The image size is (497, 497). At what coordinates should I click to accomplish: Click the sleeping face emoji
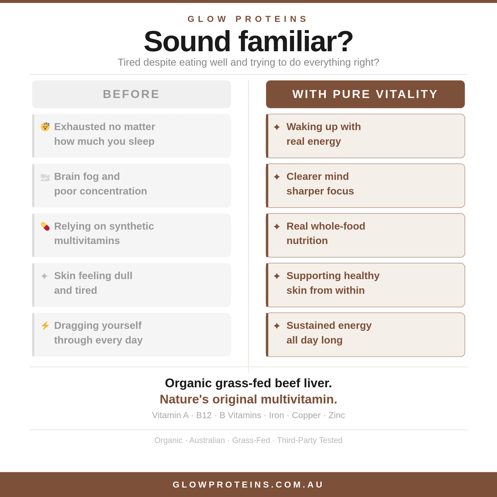(45, 126)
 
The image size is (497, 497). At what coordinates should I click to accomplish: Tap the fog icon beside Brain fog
(45, 177)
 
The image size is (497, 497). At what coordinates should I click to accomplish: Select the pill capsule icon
(45, 226)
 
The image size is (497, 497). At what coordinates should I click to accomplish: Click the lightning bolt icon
(45, 325)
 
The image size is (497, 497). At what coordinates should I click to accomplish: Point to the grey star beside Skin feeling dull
(44, 276)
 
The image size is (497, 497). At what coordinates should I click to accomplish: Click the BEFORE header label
(131, 94)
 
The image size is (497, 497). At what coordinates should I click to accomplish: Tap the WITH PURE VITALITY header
(365, 94)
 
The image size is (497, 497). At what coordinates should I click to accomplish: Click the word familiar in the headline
(295, 41)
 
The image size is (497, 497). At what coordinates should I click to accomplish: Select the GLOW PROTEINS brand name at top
(248, 19)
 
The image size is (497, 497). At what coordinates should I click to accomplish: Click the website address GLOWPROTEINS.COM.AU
(248, 485)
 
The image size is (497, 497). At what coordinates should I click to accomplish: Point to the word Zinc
(337, 415)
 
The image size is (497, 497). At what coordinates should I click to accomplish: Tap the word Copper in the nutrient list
(306, 415)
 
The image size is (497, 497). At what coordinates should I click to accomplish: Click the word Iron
(277, 415)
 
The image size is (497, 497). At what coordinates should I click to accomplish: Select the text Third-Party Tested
(310, 440)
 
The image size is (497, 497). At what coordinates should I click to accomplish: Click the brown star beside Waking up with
(277, 127)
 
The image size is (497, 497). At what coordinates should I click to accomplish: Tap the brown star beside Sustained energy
(277, 326)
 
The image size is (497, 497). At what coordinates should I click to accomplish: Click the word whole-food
(338, 226)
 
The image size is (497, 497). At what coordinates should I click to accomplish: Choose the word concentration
(114, 191)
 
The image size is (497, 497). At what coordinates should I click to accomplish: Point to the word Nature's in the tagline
(184, 399)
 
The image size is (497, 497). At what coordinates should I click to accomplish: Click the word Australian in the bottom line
(207, 440)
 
